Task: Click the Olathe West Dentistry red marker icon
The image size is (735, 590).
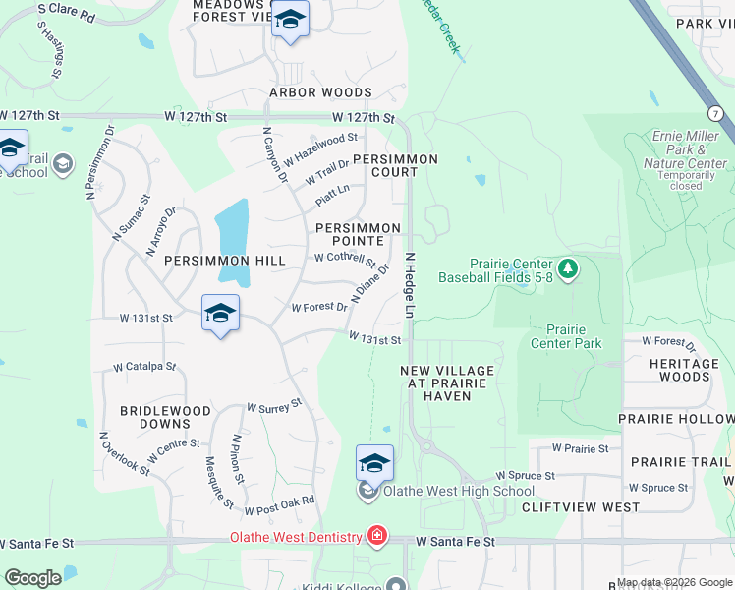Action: click(x=377, y=536)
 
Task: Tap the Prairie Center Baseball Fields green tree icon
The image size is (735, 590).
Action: click(x=567, y=267)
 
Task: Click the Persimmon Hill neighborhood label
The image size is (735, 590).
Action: click(x=225, y=261)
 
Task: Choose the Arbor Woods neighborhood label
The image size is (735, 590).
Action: click(x=320, y=93)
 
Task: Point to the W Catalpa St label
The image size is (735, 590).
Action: click(x=144, y=366)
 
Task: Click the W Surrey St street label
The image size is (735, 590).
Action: click(x=274, y=406)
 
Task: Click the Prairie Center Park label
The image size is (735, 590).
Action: click(x=566, y=336)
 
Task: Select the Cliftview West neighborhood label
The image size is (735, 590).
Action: click(x=580, y=507)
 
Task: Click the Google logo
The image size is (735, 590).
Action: click(x=32, y=578)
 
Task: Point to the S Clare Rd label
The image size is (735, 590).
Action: click(x=66, y=13)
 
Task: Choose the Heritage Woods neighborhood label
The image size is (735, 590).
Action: click(x=678, y=370)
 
